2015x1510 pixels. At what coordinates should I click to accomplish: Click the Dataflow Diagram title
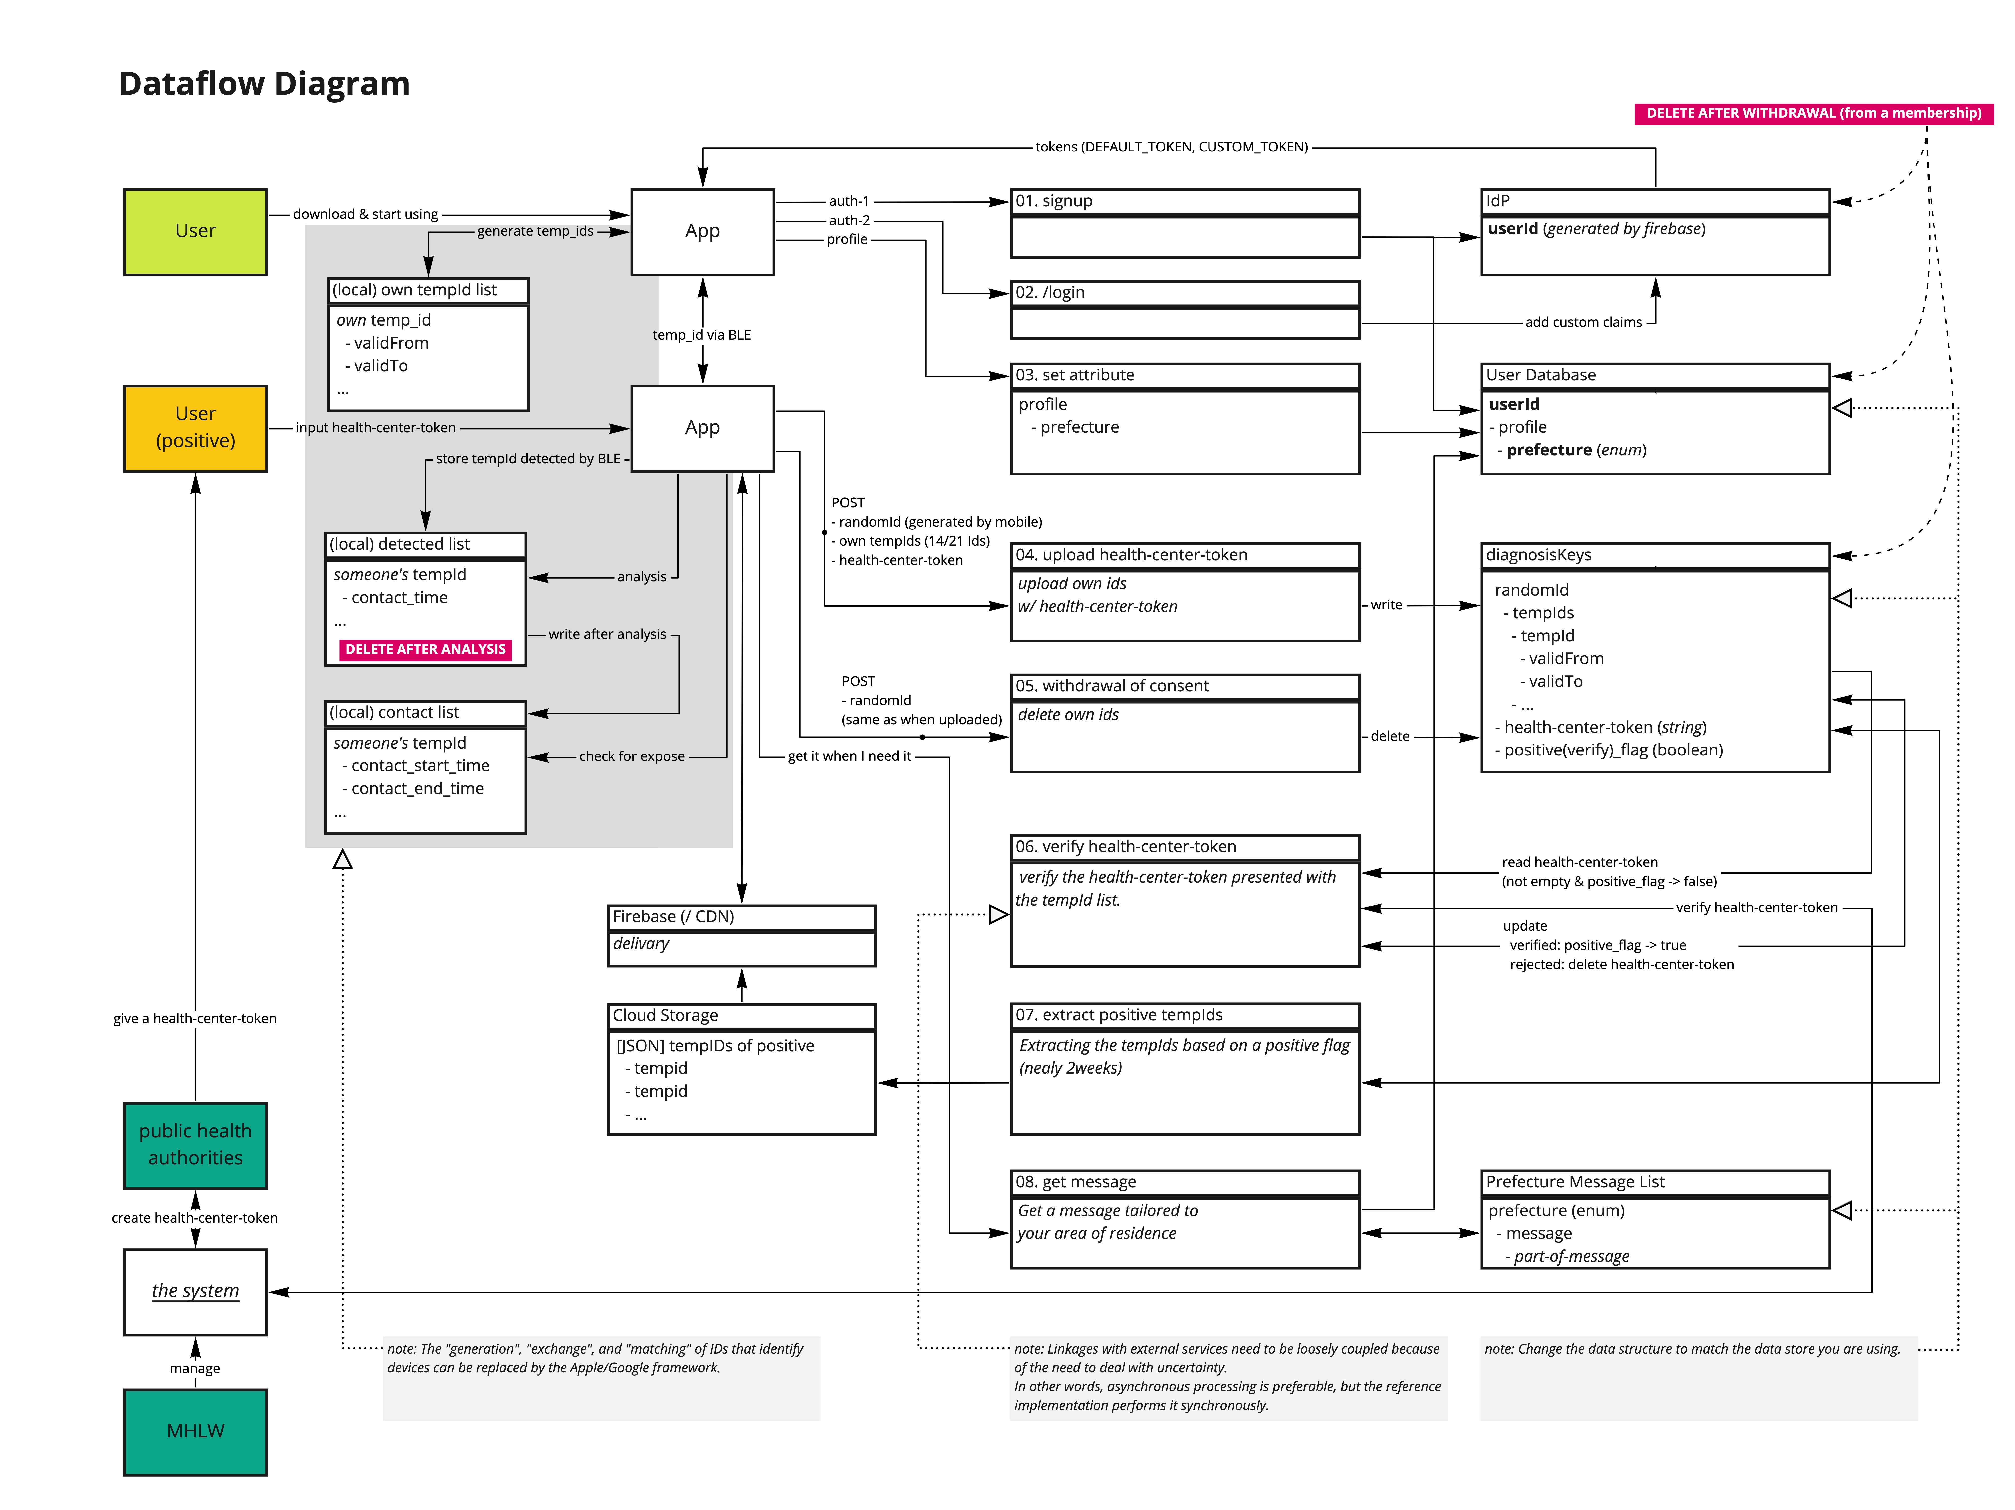pyautogui.click(x=264, y=84)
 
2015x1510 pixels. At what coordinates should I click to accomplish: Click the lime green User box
pyautogui.click(x=195, y=231)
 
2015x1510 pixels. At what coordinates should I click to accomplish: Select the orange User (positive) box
pyautogui.click(x=195, y=427)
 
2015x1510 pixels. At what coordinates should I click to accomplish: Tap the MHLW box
pyautogui.click(x=195, y=1431)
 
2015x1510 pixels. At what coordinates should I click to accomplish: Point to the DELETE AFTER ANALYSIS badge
pyautogui.click(x=425, y=649)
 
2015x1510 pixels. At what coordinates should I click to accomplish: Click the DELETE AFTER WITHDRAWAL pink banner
pyautogui.click(x=1813, y=113)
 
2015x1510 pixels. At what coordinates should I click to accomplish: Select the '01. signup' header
pyautogui.click(x=1184, y=201)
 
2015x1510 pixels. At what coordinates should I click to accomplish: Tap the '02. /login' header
pyautogui.click(x=1184, y=292)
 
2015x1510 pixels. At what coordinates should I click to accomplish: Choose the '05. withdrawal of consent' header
pyautogui.click(x=1184, y=686)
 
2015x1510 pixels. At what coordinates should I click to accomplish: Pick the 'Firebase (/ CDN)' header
pyautogui.click(x=741, y=916)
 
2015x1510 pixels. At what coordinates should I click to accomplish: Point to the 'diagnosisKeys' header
pyautogui.click(x=1654, y=555)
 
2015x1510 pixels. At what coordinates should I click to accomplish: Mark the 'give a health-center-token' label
pyautogui.click(x=195, y=1018)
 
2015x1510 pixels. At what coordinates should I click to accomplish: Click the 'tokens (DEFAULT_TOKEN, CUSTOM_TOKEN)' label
pyautogui.click(x=1171, y=147)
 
